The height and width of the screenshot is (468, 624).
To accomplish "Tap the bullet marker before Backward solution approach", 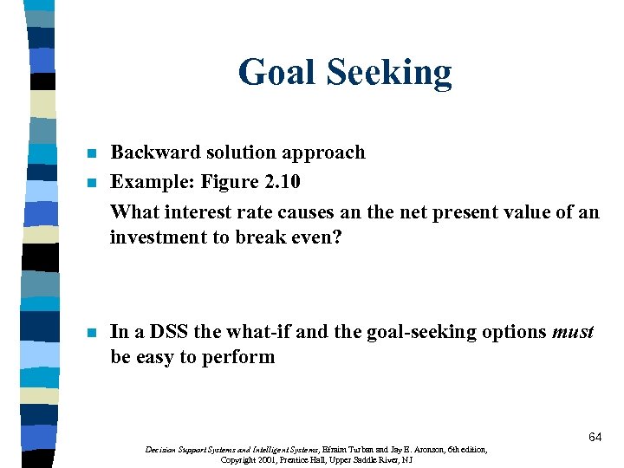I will pos(91,153).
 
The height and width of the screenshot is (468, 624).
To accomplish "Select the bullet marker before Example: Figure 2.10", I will pos(91,183).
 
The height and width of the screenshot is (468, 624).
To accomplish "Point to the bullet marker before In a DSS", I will pos(91,333).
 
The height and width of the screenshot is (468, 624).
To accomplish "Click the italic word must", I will pos(572,332).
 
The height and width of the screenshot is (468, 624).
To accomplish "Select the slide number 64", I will pos(595,438).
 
